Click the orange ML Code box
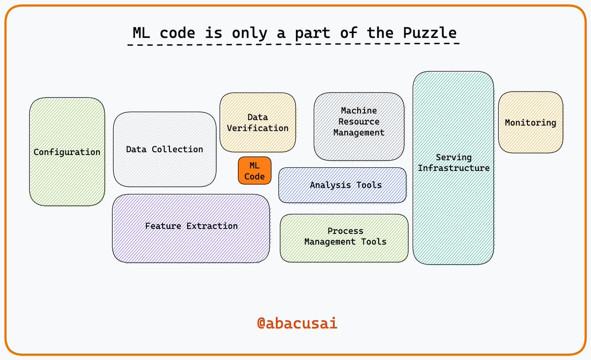pos(254,170)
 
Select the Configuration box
pos(67,152)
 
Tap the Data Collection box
pos(164,149)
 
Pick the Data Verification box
pos(258,122)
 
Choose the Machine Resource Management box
pos(359,126)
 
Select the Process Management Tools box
pos(344,238)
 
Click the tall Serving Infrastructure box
pos(453,167)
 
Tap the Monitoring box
pos(530,123)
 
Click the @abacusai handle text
pos(297,323)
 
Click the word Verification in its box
pos(258,128)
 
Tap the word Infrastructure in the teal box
pos(454,168)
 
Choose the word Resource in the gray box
pos(359,122)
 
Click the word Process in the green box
pos(345,231)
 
